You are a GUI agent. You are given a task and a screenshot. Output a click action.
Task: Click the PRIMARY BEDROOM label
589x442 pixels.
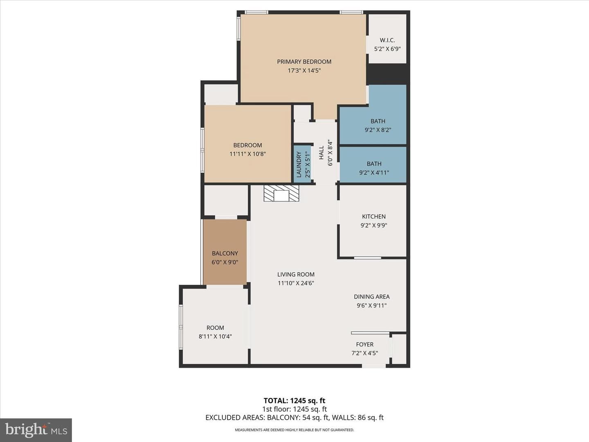(x=304, y=62)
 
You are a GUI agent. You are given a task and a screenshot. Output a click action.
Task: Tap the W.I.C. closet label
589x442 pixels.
(x=387, y=40)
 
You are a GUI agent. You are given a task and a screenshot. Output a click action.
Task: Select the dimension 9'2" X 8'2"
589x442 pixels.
(x=378, y=130)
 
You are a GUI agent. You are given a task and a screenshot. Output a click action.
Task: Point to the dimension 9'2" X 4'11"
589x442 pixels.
(x=374, y=173)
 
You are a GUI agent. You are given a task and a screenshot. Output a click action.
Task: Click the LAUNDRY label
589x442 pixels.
(x=299, y=165)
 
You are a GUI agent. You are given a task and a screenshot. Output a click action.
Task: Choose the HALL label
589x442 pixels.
(x=321, y=153)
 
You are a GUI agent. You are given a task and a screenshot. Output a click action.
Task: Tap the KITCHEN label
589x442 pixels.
(x=374, y=216)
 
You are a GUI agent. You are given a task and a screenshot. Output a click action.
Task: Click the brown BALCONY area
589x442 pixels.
(x=225, y=252)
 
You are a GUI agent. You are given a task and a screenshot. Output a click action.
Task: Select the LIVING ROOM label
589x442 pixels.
(x=296, y=274)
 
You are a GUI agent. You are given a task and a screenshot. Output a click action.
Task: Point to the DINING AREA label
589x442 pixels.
(x=372, y=297)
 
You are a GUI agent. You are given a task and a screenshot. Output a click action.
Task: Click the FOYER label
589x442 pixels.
(x=365, y=344)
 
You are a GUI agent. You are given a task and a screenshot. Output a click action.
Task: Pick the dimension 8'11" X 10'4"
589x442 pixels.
(x=215, y=336)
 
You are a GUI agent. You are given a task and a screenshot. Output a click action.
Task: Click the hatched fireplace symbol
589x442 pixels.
(x=281, y=193)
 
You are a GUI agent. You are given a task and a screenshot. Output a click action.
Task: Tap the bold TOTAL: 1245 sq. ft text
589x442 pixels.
(x=294, y=401)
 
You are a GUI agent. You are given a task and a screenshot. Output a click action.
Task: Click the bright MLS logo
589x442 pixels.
(x=36, y=430)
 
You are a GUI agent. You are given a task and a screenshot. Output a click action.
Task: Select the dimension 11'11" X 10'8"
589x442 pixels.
(x=247, y=154)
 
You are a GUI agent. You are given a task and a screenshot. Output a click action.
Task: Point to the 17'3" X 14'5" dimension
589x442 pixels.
(x=304, y=70)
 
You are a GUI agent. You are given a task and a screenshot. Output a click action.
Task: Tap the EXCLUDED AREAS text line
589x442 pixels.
(x=294, y=417)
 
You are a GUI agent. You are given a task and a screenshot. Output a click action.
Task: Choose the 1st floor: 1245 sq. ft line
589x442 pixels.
(x=294, y=409)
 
